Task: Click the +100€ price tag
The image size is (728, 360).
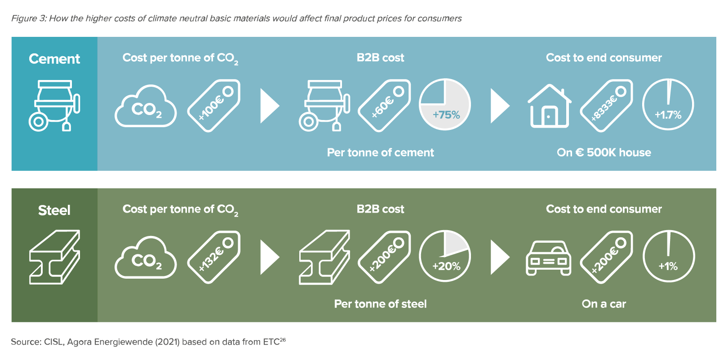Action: (x=214, y=106)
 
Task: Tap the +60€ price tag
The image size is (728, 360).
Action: (x=385, y=106)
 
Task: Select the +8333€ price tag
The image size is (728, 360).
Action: (x=607, y=106)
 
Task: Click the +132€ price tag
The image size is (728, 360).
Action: (x=214, y=257)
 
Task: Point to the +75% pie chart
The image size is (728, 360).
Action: (x=444, y=105)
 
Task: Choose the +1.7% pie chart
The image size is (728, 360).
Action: (x=668, y=105)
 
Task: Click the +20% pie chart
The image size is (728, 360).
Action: (x=444, y=256)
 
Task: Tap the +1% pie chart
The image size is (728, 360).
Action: (x=668, y=256)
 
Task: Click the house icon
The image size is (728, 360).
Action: (x=549, y=106)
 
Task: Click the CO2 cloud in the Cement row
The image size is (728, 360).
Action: (x=146, y=106)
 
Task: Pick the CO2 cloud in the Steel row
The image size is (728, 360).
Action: (x=146, y=258)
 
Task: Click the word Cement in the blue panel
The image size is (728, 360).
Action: (x=54, y=59)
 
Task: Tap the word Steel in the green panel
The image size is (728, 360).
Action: (x=54, y=210)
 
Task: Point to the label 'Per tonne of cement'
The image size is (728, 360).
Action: (x=380, y=152)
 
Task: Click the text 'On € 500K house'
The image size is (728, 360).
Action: (x=604, y=152)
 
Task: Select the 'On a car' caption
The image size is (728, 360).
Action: (x=604, y=304)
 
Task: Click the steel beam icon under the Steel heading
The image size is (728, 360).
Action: (x=54, y=257)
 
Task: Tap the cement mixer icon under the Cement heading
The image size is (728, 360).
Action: (x=54, y=106)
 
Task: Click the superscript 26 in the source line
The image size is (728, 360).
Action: (x=282, y=339)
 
